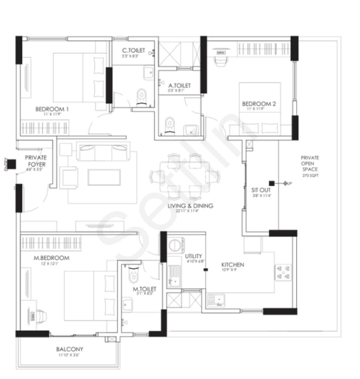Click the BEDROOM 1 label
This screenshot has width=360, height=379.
click(52, 109)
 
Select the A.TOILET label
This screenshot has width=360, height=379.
click(179, 85)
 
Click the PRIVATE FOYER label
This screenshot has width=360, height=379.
click(35, 161)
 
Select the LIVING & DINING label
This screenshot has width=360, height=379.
click(190, 206)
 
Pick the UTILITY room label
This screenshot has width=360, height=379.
click(193, 257)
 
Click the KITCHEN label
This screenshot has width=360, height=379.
click(232, 265)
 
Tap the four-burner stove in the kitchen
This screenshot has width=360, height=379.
click(283, 272)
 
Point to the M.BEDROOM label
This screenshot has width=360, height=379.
click(51, 258)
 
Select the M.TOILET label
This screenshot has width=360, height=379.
click(144, 289)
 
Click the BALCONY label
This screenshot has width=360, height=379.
click(69, 349)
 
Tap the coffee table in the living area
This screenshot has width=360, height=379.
click(104, 177)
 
